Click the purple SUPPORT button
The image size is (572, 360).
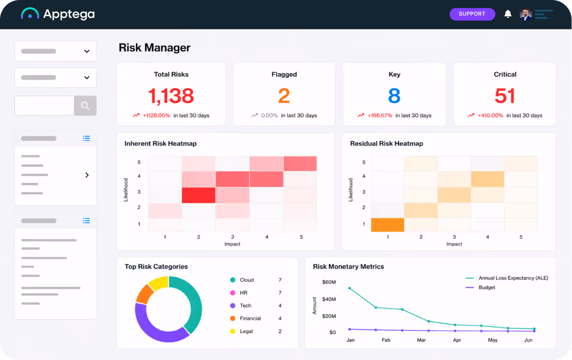click(x=472, y=14)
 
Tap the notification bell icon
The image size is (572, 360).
click(x=508, y=14)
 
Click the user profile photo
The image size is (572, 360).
click(x=525, y=14)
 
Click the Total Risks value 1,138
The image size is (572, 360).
click(x=171, y=96)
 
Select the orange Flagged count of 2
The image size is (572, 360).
click(x=284, y=96)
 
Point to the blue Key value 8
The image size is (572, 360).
click(x=394, y=96)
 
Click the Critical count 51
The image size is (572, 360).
click(x=505, y=96)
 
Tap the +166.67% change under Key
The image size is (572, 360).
click(x=380, y=115)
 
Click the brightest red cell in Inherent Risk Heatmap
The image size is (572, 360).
click(x=198, y=195)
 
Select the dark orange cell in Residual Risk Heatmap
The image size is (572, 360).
click(x=388, y=225)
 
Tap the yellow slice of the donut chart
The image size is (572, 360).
click(x=159, y=283)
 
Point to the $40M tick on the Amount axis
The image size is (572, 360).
click(x=329, y=299)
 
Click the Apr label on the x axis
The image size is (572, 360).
click(x=457, y=340)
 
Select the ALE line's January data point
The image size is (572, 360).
click(x=350, y=288)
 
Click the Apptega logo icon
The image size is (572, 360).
click(x=30, y=13)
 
